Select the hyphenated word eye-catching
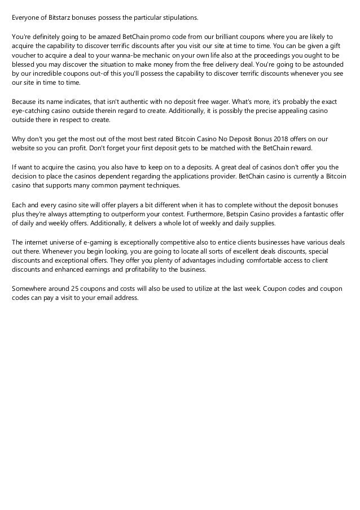point(34,111)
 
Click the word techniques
point(159,185)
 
